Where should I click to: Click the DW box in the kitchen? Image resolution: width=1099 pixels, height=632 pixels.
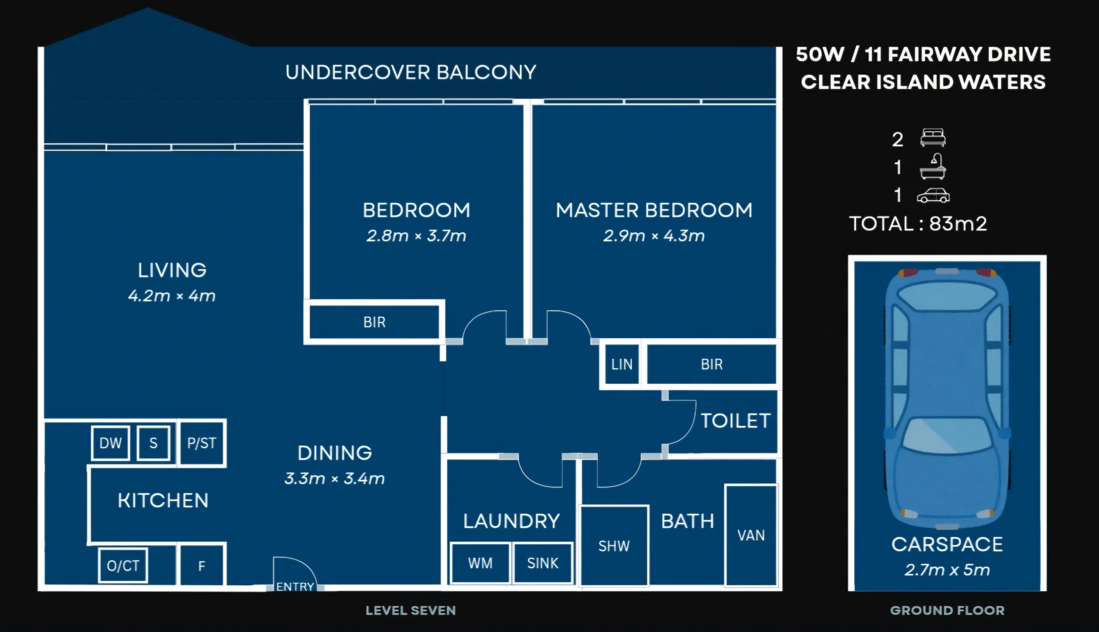pos(110,443)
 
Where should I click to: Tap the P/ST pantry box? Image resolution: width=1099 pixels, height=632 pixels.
pos(201,443)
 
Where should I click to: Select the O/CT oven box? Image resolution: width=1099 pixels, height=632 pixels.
pos(123,565)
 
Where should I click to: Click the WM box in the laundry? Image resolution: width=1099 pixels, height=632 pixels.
pos(480,563)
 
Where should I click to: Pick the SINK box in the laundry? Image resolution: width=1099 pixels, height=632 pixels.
pos(543,563)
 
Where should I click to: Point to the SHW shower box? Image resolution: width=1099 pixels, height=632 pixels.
pos(614,546)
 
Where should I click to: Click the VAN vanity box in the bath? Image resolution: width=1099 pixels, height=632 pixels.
pos(751,535)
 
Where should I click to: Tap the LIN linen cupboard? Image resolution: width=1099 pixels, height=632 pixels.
pos(621,365)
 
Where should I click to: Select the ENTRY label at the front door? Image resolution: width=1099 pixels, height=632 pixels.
pos(295,586)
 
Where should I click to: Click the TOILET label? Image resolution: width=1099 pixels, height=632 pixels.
pos(735,421)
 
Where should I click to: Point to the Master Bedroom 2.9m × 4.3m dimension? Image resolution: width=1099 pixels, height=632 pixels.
pos(654,236)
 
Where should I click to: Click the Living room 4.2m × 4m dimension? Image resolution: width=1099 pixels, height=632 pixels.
pos(172,296)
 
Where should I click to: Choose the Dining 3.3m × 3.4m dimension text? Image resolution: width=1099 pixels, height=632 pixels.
pos(334,479)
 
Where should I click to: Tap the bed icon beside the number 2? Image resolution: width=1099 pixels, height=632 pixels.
pos(933,138)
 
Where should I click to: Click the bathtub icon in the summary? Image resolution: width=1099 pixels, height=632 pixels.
pos(933,167)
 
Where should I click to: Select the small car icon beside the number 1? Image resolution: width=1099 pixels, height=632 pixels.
pos(933,195)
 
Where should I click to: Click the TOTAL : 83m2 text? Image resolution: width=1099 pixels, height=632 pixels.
pos(918,224)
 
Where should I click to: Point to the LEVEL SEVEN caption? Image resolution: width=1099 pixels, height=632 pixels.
pos(410,610)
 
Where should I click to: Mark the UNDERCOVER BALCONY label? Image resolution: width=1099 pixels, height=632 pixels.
pos(410,72)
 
